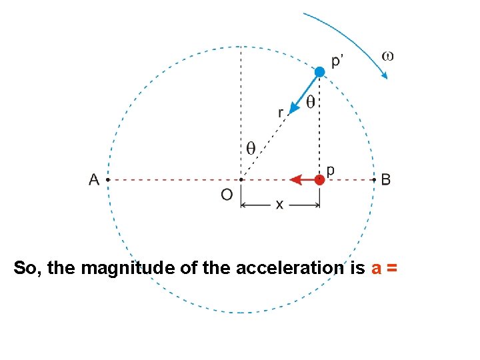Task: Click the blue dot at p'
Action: pyautogui.click(x=320, y=71)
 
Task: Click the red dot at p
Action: pyautogui.click(x=320, y=179)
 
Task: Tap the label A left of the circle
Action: pyautogui.click(x=94, y=179)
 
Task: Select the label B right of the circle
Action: pyautogui.click(x=386, y=179)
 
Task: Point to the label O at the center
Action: pyautogui.click(x=227, y=195)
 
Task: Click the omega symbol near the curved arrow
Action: pyautogui.click(x=387, y=55)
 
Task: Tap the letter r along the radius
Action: pyautogui.click(x=281, y=113)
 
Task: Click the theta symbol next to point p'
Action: pyautogui.click(x=311, y=102)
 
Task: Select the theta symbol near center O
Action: pyautogui.click(x=251, y=148)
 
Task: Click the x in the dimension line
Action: pyautogui.click(x=279, y=205)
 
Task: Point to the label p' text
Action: pyautogui.click(x=338, y=61)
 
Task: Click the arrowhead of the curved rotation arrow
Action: pyautogui.click(x=384, y=75)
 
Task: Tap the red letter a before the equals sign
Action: pyautogui.click(x=376, y=269)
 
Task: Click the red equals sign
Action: pyautogui.click(x=391, y=269)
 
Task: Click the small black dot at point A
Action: pyautogui.click(x=107, y=180)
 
